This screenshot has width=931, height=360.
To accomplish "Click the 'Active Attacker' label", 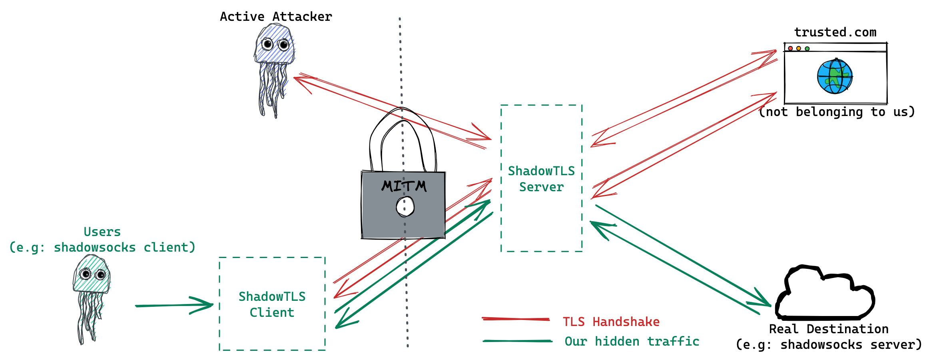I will click(276, 17).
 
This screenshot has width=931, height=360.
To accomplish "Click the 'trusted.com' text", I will click(835, 32).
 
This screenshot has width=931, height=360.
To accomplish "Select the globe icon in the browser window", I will click(834, 76).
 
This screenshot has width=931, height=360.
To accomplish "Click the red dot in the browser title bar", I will click(790, 48).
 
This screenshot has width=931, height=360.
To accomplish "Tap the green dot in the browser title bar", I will click(807, 49).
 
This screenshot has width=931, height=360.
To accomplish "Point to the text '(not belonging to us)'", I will click(837, 112).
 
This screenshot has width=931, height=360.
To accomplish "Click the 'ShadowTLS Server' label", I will click(541, 179).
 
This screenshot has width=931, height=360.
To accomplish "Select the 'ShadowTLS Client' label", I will click(272, 304).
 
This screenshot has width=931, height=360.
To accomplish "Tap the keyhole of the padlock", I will click(405, 206).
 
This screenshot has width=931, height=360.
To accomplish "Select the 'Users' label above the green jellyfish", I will click(102, 232).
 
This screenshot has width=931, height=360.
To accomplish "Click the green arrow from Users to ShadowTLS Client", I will click(172, 305).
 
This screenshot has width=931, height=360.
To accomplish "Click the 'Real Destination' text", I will click(828, 329).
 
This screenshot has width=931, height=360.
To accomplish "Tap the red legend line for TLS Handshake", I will click(516, 319).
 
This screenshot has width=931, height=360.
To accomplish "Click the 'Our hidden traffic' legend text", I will click(632, 342).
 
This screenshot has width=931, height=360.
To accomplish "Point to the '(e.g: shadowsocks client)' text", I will click(102, 248).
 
